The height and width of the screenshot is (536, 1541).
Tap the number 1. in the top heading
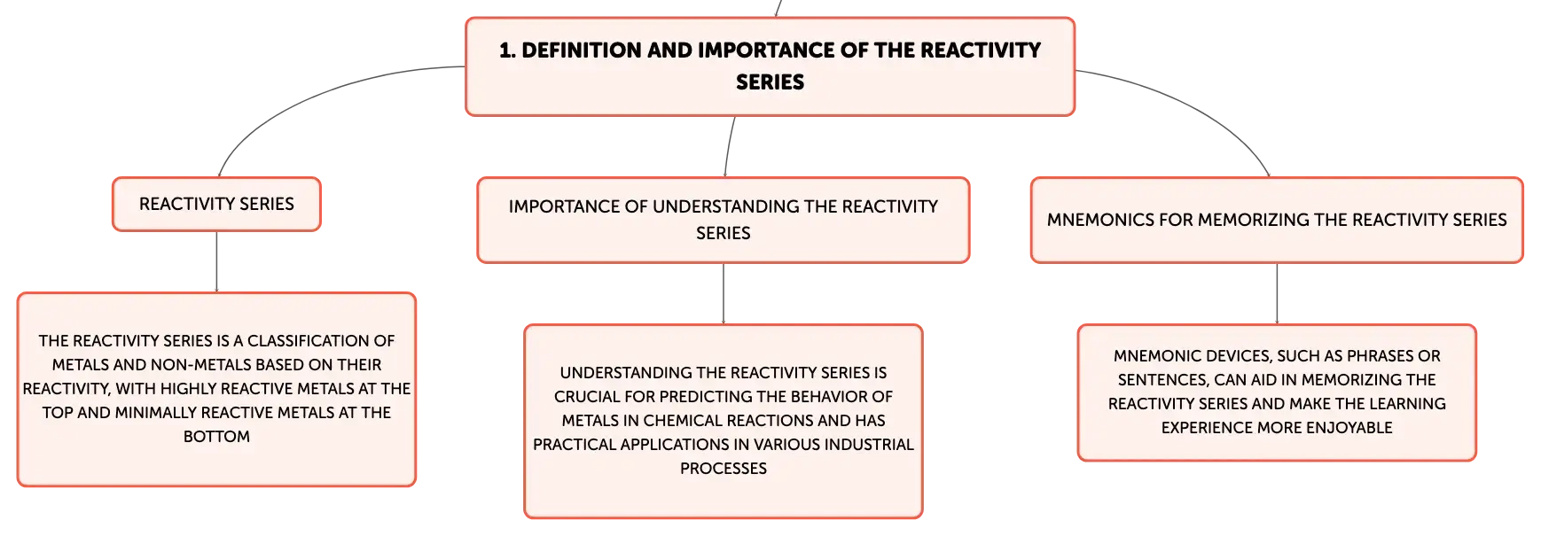click(x=507, y=50)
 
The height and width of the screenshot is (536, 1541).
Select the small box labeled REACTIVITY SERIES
click(x=216, y=204)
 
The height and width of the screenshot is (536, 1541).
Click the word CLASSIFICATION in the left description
click(x=321, y=341)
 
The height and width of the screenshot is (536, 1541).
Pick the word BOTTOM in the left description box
click(x=216, y=437)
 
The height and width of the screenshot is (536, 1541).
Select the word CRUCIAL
click(x=587, y=397)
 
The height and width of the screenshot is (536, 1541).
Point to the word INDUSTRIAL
click(x=867, y=445)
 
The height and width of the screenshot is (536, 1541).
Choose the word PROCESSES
click(x=724, y=469)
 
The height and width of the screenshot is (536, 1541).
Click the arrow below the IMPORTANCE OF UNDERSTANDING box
click(x=724, y=293)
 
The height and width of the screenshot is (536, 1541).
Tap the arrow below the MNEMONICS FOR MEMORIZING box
click(x=1277, y=293)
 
